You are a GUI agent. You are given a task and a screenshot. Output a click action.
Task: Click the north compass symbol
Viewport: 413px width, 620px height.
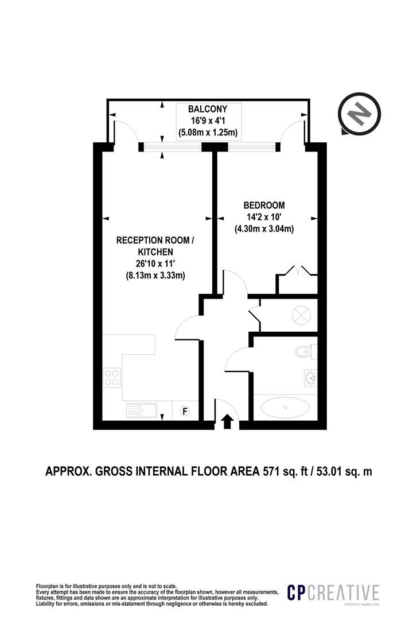[359, 114]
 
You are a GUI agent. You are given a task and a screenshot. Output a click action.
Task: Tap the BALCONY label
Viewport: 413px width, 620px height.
[208, 108]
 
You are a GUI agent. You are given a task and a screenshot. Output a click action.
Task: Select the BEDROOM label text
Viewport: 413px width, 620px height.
[264, 205]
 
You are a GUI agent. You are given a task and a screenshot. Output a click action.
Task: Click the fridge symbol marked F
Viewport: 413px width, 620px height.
[184, 411]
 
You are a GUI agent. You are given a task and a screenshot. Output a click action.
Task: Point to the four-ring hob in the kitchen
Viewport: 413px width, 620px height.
[112, 377]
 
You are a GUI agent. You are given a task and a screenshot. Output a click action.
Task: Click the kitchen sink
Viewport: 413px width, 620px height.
[142, 410]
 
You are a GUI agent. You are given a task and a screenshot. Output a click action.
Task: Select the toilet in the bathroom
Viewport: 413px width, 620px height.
[306, 351]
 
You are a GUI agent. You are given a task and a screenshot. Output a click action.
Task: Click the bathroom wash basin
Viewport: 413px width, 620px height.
[311, 378]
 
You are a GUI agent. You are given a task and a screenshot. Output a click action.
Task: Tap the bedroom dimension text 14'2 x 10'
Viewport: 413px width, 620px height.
[264, 216]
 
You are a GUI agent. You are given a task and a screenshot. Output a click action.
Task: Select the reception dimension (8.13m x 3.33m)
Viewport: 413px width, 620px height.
[153, 275]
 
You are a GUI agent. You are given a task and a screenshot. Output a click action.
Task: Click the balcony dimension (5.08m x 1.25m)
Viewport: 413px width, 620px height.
[208, 133]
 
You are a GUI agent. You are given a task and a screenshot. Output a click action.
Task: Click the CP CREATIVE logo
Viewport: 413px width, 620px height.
[333, 593]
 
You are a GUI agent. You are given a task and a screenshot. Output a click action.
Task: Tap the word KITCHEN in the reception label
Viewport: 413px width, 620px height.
[155, 252]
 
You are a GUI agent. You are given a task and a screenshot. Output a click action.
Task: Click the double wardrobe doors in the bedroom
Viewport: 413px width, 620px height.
[297, 270]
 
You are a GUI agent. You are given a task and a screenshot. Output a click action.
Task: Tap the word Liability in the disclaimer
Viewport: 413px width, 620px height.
[44, 604]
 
